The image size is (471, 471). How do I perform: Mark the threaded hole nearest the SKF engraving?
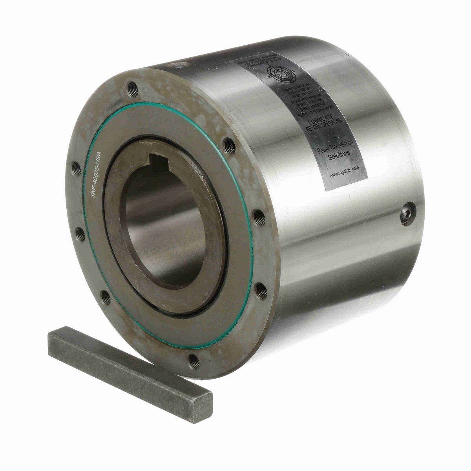tap(76, 169)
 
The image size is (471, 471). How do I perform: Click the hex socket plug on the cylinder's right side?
tap(407, 214)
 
